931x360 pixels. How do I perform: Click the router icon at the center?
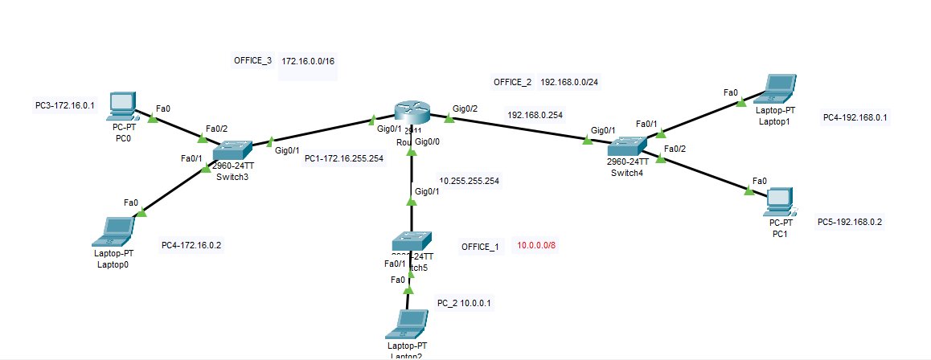pyautogui.click(x=412, y=116)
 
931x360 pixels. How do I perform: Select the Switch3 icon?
pyautogui.click(x=232, y=150)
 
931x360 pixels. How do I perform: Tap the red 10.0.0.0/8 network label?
pyautogui.click(x=536, y=246)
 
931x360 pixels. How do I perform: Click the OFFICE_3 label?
pyautogui.click(x=252, y=61)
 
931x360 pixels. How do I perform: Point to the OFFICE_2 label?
pyautogui.click(x=512, y=82)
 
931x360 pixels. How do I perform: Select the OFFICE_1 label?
pyautogui.click(x=480, y=246)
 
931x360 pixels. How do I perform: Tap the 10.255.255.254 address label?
pyautogui.click(x=469, y=181)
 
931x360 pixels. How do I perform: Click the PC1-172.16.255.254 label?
pyautogui.click(x=343, y=158)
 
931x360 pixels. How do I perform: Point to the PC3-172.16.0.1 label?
pyautogui.click(x=65, y=105)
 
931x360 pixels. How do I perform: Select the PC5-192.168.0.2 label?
pyautogui.click(x=851, y=222)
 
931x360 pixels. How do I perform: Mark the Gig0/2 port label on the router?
pyautogui.click(x=465, y=108)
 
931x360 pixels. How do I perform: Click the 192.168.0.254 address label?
pyautogui.click(x=535, y=115)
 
